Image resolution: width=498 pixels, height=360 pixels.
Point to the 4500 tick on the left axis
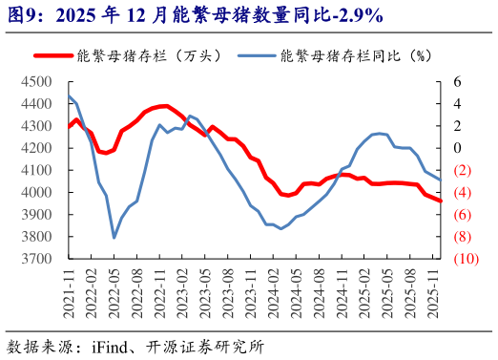[x=36, y=82]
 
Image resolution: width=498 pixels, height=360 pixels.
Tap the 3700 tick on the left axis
[x=36, y=259]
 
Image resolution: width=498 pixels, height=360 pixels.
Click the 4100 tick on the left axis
[x=36, y=170]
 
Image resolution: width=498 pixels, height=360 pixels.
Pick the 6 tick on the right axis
[x=459, y=82]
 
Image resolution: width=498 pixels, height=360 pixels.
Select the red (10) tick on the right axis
[x=466, y=259]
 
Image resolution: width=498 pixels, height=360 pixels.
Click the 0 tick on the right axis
[x=459, y=148]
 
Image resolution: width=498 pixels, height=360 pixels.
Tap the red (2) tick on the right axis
[x=463, y=170]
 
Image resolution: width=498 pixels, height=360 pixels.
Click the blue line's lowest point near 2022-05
[x=114, y=238]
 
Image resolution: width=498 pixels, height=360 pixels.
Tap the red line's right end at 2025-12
[x=440, y=201]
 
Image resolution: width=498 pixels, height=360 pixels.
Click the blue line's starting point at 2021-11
[x=69, y=95]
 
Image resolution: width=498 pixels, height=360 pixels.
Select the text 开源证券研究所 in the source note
[x=207, y=346]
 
